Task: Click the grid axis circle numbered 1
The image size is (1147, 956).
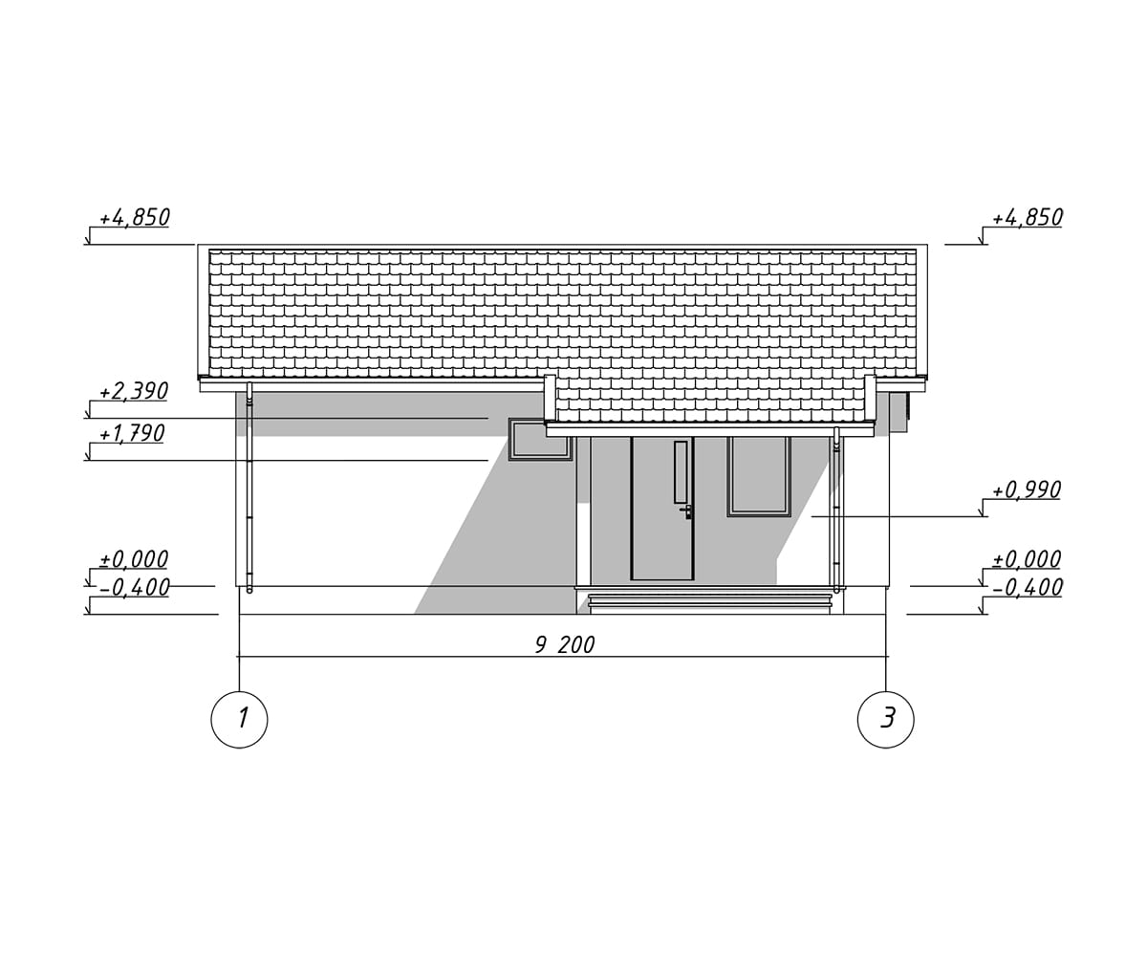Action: [x=239, y=719]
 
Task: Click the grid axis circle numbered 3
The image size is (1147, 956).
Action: [x=885, y=719]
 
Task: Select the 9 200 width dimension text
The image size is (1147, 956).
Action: [x=565, y=645]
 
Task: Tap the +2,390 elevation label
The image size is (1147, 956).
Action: [x=134, y=392]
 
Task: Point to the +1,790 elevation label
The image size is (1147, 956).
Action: [x=132, y=433]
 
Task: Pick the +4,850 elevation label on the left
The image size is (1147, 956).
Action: [x=135, y=218]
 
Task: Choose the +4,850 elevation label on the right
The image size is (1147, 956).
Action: [x=1028, y=218]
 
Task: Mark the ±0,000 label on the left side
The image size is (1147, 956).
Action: [x=134, y=559]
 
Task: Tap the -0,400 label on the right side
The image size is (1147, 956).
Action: [x=1028, y=588]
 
